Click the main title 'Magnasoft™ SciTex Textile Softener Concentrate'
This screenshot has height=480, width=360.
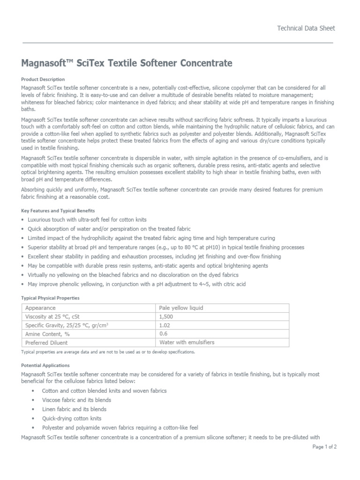(127, 63)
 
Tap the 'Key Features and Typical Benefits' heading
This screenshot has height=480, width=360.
(58, 211)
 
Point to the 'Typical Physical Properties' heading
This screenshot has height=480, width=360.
(51, 298)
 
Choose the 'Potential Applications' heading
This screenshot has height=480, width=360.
(45, 365)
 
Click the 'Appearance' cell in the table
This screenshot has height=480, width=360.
(40, 308)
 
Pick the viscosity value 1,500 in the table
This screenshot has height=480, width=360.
(167, 316)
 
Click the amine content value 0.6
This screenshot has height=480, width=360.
(164, 334)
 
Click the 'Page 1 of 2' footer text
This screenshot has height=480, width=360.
(324, 447)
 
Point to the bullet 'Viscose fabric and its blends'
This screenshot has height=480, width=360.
(76, 400)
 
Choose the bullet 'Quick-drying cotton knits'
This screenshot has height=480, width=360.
(71, 418)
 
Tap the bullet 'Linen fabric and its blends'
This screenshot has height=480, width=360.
(74, 409)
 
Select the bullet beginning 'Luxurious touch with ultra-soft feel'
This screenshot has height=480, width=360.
(93, 220)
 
